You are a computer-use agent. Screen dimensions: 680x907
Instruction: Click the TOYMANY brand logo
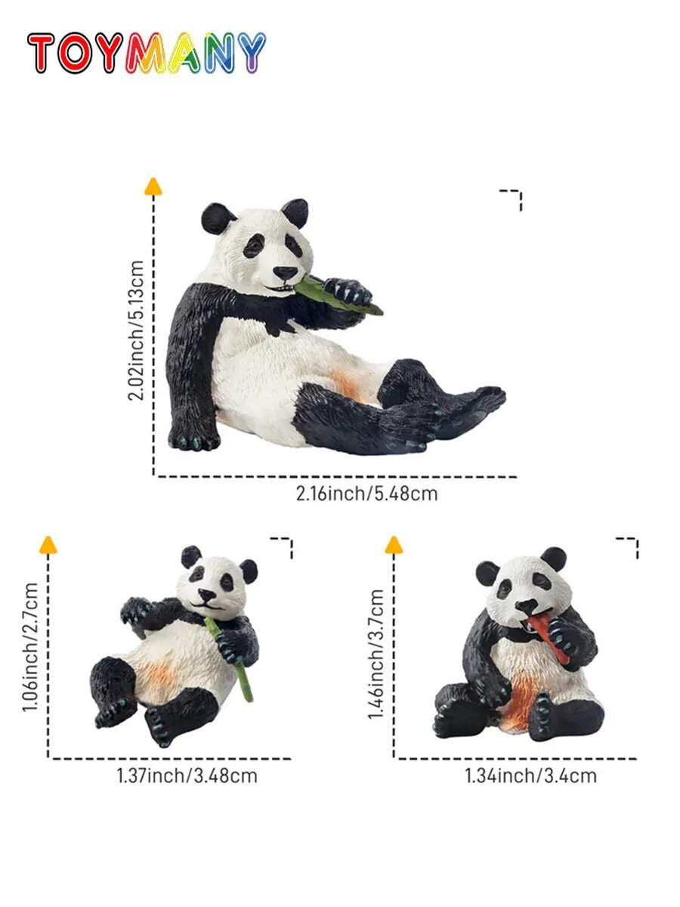(147, 52)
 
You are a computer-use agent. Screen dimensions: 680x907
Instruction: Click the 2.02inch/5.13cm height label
(136, 330)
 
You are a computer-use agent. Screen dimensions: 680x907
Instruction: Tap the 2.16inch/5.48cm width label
(366, 494)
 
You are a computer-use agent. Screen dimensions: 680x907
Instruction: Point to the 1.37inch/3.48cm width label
(187, 775)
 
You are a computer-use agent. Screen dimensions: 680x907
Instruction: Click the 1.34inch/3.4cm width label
(531, 775)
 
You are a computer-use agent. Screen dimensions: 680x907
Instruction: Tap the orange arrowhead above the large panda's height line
(153, 187)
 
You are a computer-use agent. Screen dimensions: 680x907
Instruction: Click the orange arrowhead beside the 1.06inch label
(48, 545)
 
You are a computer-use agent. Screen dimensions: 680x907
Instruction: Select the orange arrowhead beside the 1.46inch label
(394, 545)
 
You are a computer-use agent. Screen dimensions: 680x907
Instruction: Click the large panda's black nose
(285, 272)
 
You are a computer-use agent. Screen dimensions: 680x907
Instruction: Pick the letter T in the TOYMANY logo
(41, 52)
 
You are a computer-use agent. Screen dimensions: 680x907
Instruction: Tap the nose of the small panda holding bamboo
(206, 594)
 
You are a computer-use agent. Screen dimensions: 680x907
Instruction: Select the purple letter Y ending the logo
(252, 52)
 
